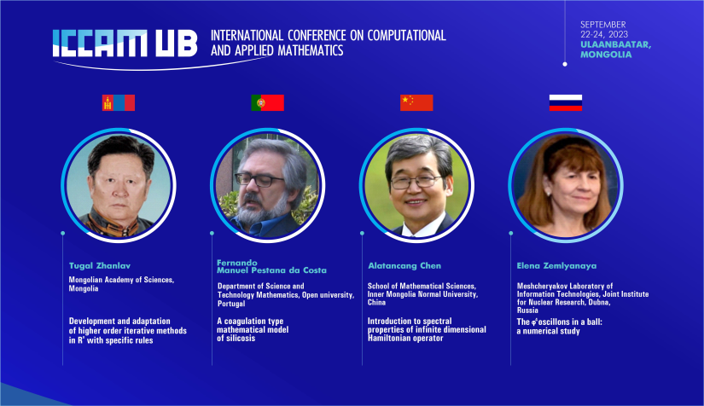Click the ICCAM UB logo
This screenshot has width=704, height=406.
coord(125,43)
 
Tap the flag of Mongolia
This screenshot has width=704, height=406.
coord(119,102)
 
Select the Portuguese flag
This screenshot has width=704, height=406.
coord(268,102)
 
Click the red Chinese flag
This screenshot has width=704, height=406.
coord(416,102)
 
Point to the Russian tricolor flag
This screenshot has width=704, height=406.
coord(566,102)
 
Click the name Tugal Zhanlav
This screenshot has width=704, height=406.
coord(100,265)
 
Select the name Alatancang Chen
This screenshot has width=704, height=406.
coord(404,265)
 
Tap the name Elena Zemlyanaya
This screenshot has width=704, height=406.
coord(556,265)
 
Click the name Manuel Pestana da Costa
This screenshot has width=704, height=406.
coord(271,270)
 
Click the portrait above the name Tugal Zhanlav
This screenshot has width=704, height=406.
coord(119,185)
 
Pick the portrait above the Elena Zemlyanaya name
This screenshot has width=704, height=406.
coord(566,185)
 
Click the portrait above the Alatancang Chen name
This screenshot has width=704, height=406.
coord(416,185)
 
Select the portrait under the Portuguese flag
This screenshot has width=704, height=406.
coord(268,185)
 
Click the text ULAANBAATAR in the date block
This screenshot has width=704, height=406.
coord(614,44)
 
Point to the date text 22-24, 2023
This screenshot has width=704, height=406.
coord(604,34)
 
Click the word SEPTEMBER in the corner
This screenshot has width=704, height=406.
coord(603,25)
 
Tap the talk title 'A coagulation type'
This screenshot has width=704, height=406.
coord(250,322)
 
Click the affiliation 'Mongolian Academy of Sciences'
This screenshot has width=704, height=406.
coord(121,280)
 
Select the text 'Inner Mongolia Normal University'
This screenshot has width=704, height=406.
coord(422,294)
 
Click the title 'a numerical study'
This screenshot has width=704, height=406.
coord(548,331)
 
